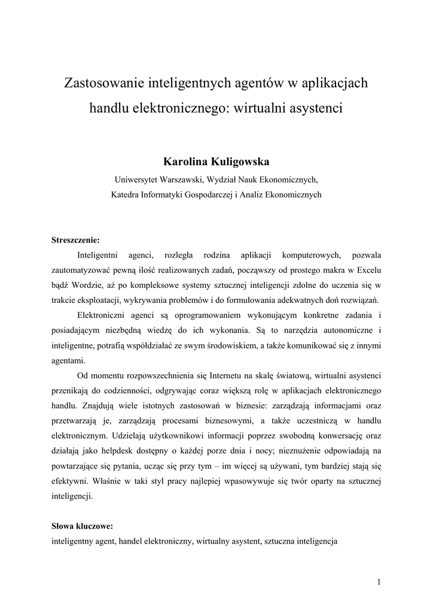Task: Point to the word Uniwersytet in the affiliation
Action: point(136,179)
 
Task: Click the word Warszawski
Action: point(183,179)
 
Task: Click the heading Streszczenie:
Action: point(75,240)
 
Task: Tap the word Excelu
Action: point(366,269)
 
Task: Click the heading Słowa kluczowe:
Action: point(82,527)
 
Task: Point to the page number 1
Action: point(379,581)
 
